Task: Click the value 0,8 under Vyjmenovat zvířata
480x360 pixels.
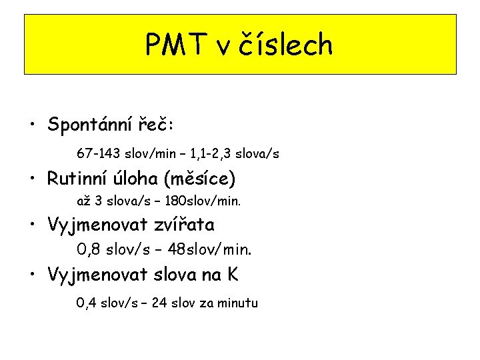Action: pyautogui.click(x=87, y=250)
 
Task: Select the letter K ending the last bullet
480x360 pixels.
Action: pyautogui.click(x=232, y=275)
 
